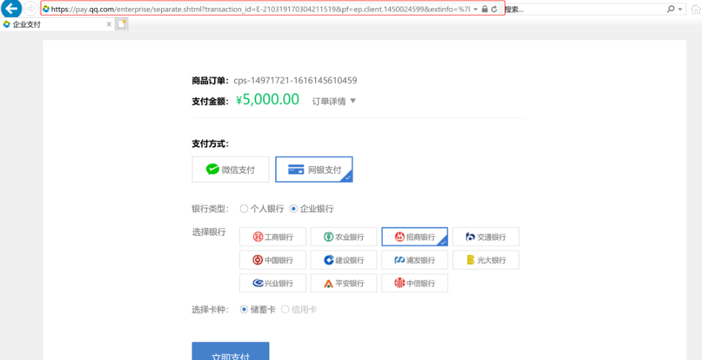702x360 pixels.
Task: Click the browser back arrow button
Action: coord(12,9)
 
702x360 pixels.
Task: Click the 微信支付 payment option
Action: coord(230,170)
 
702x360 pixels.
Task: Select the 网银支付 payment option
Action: coord(314,170)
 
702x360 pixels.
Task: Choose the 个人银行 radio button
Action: coord(244,209)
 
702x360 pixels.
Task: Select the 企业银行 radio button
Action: coord(294,209)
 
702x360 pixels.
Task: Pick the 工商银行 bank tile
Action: coord(273,237)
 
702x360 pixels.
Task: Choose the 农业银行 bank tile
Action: coord(344,237)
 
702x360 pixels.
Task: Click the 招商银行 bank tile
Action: coord(415,237)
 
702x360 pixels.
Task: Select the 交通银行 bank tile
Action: coord(485,237)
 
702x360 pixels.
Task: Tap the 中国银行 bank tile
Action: coord(273,260)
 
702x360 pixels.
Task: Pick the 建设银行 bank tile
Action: coord(344,260)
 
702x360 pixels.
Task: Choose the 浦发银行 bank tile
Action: coord(415,260)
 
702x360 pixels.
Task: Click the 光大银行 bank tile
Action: coord(485,260)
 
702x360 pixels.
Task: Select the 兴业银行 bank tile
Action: coord(273,283)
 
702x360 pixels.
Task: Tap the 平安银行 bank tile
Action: coord(344,283)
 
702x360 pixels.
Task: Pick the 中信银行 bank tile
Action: coord(415,283)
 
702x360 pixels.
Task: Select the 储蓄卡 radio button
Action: coord(244,310)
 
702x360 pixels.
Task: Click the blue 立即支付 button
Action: coord(230,353)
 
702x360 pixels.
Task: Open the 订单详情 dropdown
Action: coord(334,101)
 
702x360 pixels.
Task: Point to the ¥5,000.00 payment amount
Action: coord(267,100)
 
